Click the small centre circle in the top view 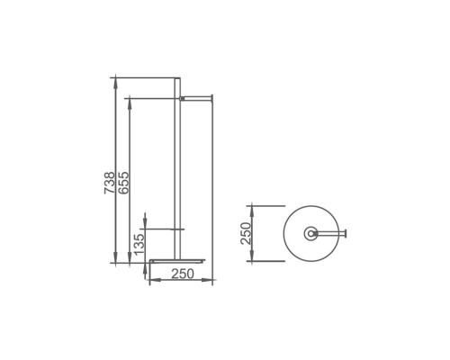tap(310, 234)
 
